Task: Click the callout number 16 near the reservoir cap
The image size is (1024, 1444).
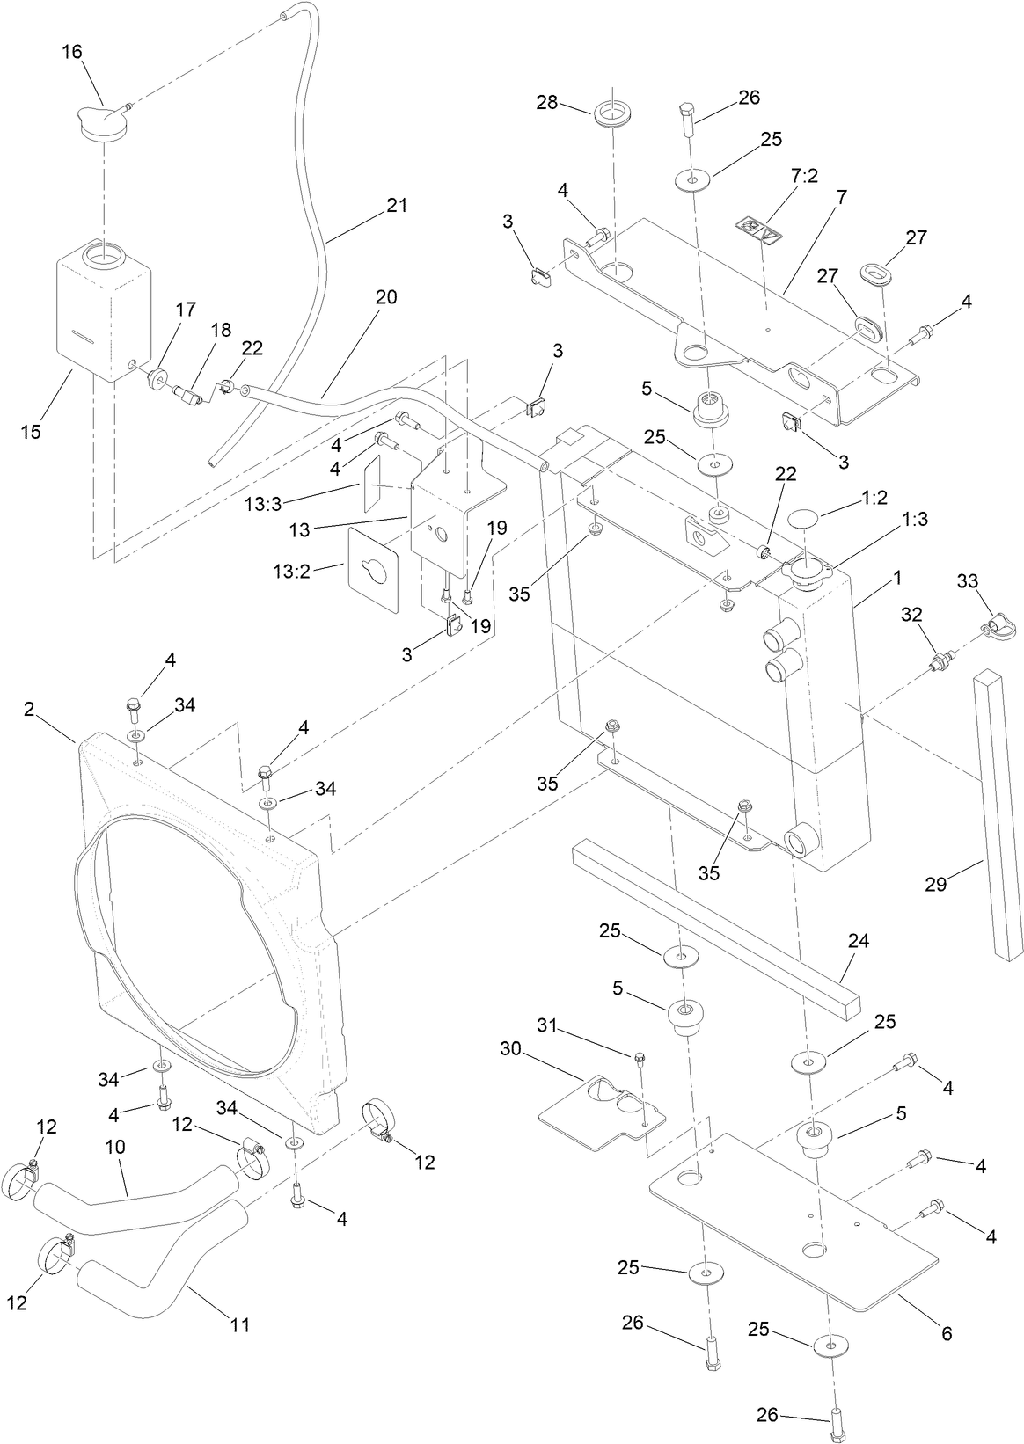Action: click(x=71, y=52)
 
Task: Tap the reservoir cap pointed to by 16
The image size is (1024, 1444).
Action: click(x=102, y=120)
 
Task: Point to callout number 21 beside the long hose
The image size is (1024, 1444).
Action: click(x=397, y=205)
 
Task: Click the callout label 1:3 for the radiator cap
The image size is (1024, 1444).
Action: click(x=915, y=519)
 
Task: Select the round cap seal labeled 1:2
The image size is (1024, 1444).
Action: click(x=806, y=517)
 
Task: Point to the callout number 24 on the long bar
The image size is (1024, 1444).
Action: click(x=858, y=941)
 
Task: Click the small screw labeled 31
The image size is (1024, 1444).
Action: click(x=640, y=1055)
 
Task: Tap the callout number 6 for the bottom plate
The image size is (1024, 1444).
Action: click(x=947, y=1333)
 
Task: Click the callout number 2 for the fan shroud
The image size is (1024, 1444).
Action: click(x=29, y=710)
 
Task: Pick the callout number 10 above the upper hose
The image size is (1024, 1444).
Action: click(x=115, y=1148)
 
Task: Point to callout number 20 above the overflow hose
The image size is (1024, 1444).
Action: click(x=386, y=297)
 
